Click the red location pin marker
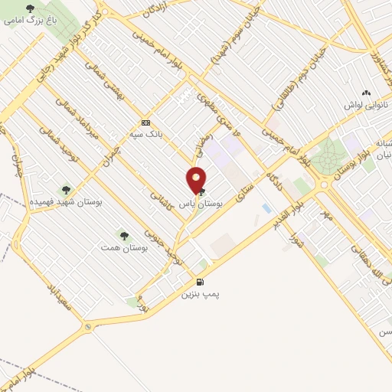(196, 181)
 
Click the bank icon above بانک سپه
(145, 122)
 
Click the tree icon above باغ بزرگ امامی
(31, 8)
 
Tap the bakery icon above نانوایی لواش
(376, 92)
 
